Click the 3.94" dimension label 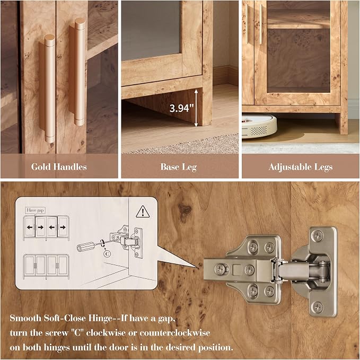pos(181,108)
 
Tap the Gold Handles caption pos(59,166)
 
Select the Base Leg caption pos(178,167)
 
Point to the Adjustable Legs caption pos(301,167)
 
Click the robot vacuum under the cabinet pos(259,126)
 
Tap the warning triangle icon pos(143,212)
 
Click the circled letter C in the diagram pos(107,254)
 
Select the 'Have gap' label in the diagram pos(35,210)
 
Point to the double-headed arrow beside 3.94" pos(196,108)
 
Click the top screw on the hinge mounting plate pos(317,236)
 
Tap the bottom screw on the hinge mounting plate pos(317,307)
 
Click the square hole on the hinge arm pos(237,270)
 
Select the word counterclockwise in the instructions pos(175,332)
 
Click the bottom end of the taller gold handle pos(80,122)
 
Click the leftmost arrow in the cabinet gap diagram pos(30,227)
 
